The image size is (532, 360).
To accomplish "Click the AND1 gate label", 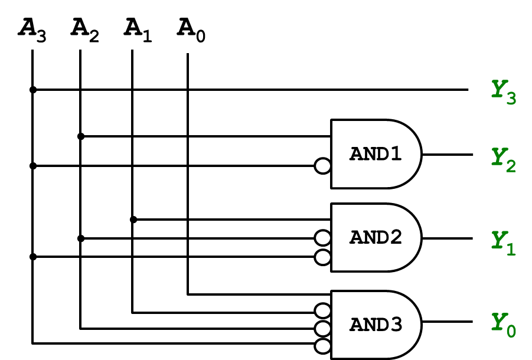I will click(376, 154).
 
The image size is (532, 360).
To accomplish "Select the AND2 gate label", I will click(376, 237).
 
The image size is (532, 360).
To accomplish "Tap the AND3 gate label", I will click(376, 325).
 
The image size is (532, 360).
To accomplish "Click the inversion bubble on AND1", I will click(323, 166).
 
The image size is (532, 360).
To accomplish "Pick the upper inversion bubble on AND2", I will click(323, 238).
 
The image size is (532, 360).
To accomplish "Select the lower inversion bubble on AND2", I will click(323, 257).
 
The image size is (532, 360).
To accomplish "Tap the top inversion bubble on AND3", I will click(323, 310).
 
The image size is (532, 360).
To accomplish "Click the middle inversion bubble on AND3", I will click(323, 329).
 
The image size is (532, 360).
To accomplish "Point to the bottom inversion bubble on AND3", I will click(323, 346).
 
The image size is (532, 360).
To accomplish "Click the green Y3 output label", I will click(504, 92).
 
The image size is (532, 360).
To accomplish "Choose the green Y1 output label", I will click(504, 243).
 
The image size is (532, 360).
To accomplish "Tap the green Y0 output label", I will click(504, 325).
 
